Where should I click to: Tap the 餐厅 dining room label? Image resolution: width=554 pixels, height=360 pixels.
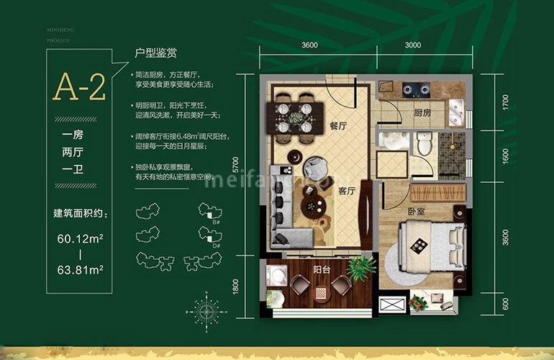point(338,125)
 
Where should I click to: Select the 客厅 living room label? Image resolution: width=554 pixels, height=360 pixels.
point(348,191)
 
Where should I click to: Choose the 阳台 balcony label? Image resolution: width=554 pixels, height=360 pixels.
point(322,271)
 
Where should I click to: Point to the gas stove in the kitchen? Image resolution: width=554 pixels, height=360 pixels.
point(417,91)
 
